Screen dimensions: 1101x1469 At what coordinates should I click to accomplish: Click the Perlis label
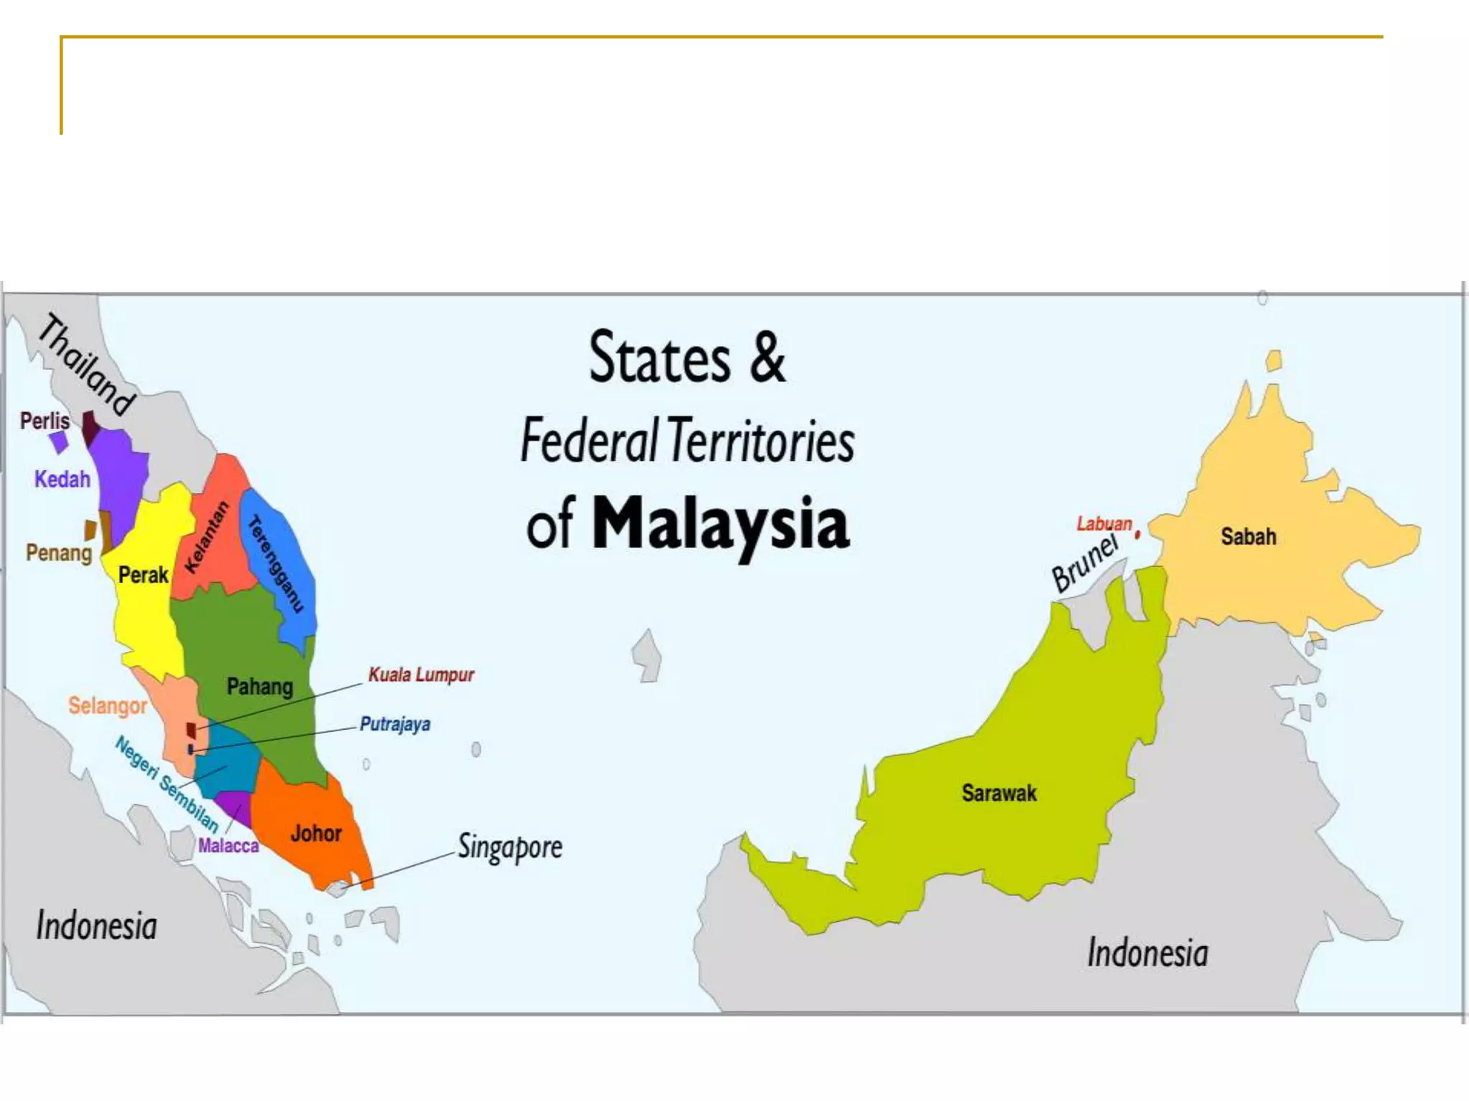(x=44, y=421)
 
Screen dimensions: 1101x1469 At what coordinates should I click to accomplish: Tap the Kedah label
(x=62, y=479)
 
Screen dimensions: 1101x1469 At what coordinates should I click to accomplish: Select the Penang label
(x=59, y=553)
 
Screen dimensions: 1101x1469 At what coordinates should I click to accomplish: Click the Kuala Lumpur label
(x=421, y=675)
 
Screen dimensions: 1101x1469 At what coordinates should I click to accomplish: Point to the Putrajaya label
(x=395, y=724)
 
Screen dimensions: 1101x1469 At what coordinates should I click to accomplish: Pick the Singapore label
(x=510, y=847)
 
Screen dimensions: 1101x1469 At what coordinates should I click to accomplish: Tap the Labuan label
(x=1104, y=524)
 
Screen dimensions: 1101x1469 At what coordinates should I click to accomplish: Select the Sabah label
(x=1248, y=536)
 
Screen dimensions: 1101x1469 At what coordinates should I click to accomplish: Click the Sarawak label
(x=999, y=793)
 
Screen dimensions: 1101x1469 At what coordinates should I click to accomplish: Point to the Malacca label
(x=228, y=846)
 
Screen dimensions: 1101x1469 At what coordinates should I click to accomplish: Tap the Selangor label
(x=108, y=706)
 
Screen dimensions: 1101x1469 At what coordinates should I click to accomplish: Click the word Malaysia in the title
(x=719, y=524)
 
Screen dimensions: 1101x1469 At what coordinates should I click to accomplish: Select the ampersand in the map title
(x=767, y=357)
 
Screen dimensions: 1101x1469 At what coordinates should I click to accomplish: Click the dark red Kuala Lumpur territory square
(x=191, y=730)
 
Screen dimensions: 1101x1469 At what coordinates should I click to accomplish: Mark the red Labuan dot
(x=1138, y=534)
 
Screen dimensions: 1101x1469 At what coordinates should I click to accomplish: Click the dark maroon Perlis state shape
(x=90, y=427)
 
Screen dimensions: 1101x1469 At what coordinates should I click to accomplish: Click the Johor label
(x=316, y=834)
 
